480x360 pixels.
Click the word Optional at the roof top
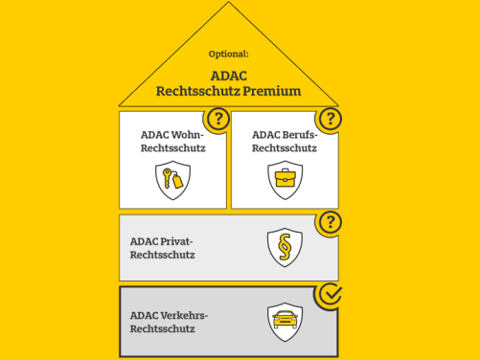point(229,54)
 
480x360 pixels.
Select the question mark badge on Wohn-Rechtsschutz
point(219,120)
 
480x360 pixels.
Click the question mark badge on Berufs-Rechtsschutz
point(331,120)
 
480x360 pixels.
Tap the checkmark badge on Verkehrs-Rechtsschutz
point(331,294)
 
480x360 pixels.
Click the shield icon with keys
point(172,179)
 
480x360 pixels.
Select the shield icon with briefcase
point(285,179)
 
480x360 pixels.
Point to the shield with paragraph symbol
point(285,247)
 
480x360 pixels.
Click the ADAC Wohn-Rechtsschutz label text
point(172,142)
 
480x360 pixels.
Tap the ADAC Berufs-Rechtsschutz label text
point(285,142)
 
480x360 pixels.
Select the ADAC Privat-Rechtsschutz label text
point(162,247)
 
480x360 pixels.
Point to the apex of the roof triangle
point(229,4)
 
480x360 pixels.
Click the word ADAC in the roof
point(229,75)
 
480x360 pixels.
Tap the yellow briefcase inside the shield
point(285,178)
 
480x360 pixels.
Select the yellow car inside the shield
point(285,318)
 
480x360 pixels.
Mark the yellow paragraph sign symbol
point(285,247)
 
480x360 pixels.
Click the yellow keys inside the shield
point(172,179)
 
